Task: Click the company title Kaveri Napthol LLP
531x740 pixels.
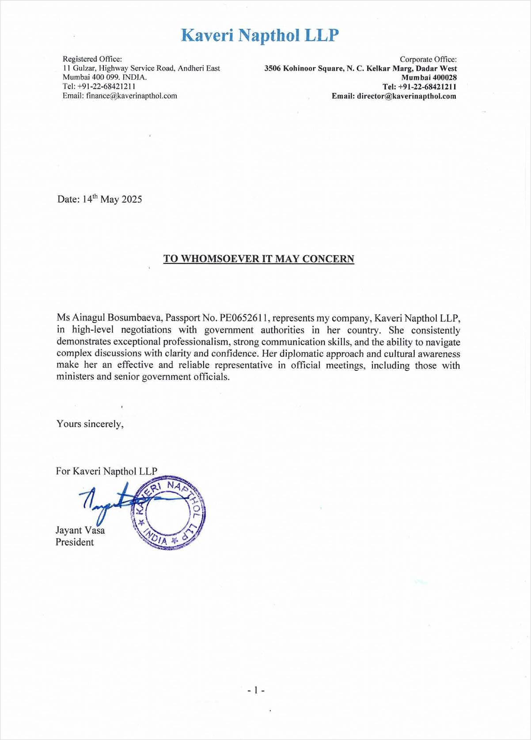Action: click(260, 35)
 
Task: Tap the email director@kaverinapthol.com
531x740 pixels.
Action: click(406, 96)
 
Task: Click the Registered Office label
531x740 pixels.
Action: click(92, 59)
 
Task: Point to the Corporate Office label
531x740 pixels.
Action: click(428, 59)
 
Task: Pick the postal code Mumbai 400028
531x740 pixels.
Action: click(429, 78)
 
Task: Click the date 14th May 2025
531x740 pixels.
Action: click(112, 199)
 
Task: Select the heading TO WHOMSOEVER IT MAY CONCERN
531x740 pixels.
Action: click(259, 259)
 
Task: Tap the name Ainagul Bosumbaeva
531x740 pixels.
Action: click(117, 318)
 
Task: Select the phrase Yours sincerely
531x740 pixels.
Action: click(90, 424)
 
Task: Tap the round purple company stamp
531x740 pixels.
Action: click(168, 513)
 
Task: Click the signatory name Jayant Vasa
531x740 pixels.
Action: click(80, 530)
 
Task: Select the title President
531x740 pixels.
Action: click(75, 542)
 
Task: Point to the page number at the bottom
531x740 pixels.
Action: click(256, 690)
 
